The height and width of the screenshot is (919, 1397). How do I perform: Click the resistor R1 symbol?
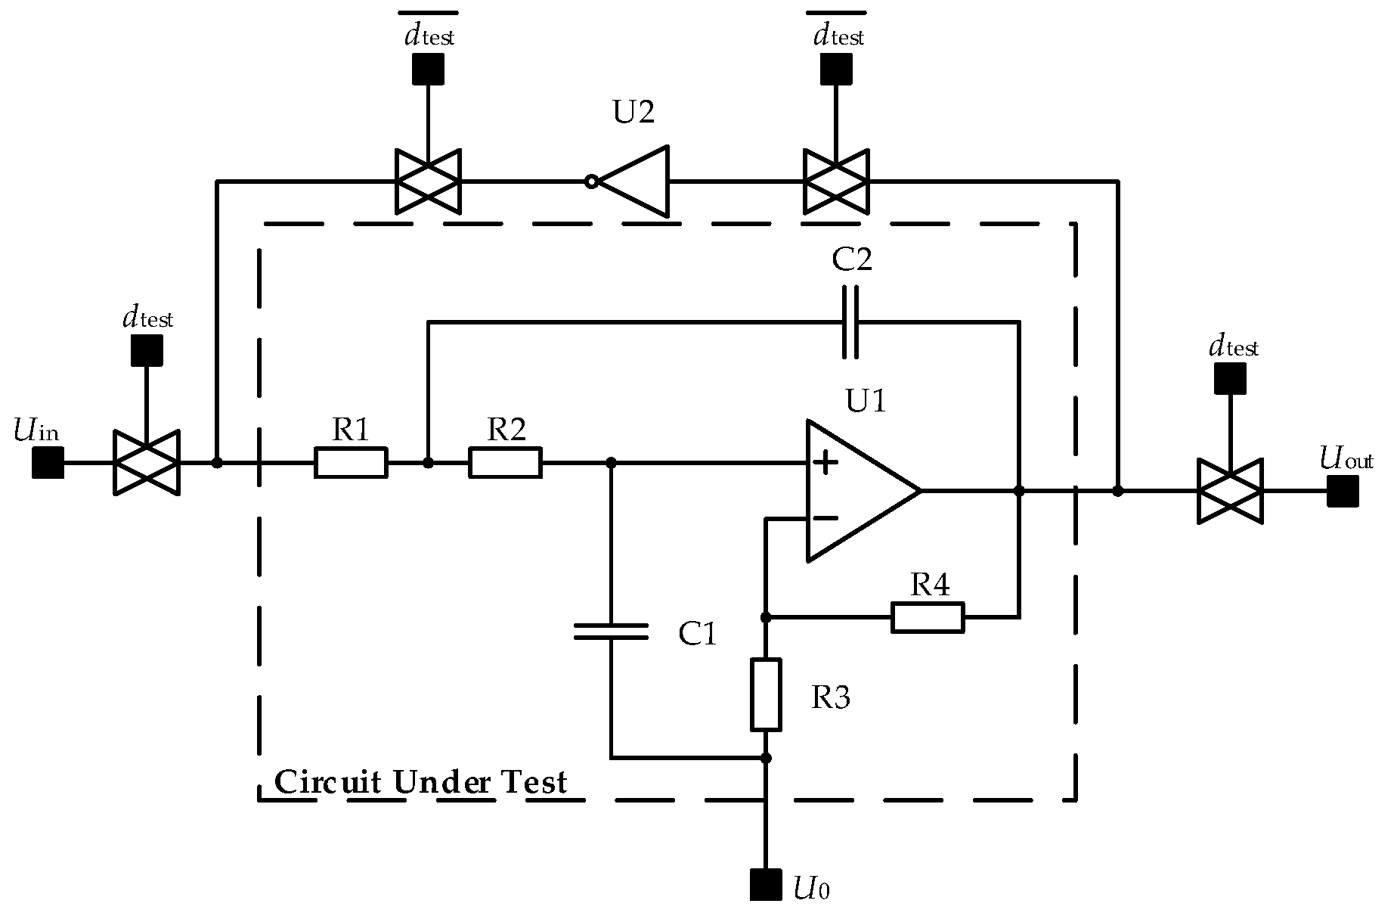coord(351,462)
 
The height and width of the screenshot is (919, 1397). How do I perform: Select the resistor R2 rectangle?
coord(505,462)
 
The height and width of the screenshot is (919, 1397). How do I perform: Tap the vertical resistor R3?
coord(766,694)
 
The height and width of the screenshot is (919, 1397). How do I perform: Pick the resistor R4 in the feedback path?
coord(928,617)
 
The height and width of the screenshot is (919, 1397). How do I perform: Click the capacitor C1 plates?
coord(611,632)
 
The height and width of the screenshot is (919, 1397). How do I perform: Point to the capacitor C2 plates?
coord(850,321)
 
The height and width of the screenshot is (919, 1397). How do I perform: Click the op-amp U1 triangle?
coord(854,491)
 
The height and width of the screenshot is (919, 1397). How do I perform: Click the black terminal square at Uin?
coord(48,462)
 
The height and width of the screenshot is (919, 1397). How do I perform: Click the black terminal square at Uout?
coord(1343,491)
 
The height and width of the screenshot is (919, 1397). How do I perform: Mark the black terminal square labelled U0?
coord(766,884)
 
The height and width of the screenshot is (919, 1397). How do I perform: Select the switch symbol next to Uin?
coord(147,462)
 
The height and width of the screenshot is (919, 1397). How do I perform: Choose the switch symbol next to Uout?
coord(1230,491)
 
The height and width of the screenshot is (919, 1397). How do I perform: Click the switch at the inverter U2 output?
coord(428,182)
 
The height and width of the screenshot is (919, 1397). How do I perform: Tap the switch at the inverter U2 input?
coord(835,182)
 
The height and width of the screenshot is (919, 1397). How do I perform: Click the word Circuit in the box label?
coord(328,782)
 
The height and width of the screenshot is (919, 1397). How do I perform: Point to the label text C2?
coord(851,259)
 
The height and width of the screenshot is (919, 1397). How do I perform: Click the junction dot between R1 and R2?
coord(428,462)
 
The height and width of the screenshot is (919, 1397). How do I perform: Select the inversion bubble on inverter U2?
coord(592,182)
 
